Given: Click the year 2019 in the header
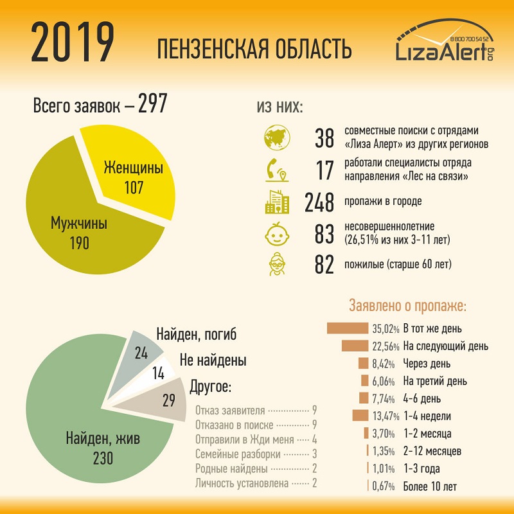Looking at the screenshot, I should coord(72,43).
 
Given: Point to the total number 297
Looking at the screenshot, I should coord(153,104).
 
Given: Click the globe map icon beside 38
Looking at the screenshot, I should coord(277,137).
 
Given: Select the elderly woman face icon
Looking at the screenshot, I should coord(277,264).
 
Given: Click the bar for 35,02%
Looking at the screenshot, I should coord(346,329).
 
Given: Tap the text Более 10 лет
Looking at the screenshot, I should coord(430,486).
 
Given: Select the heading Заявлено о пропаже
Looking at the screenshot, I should coord(407,306).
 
